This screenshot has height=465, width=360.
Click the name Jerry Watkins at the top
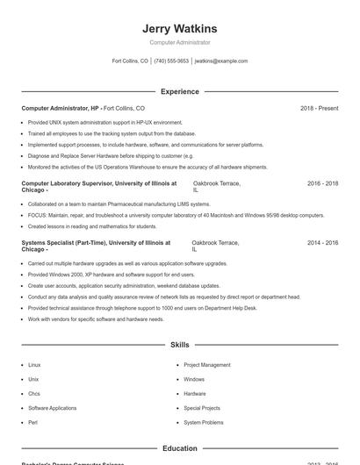point(179,29)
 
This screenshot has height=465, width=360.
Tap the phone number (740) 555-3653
point(171,61)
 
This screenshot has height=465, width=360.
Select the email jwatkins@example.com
point(221,61)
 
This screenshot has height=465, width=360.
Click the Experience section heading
point(179,91)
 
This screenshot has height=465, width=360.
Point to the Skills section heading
point(179,346)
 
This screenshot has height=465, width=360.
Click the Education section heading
point(179,448)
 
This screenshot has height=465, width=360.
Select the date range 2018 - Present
point(319,108)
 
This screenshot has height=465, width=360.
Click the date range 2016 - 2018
point(322,183)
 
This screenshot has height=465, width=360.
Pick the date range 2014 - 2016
point(322,242)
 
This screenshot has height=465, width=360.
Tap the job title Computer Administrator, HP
point(60,108)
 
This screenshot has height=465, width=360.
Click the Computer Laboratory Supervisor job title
point(98,183)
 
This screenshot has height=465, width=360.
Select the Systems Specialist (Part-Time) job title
point(95,242)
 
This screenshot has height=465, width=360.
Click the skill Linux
point(34,364)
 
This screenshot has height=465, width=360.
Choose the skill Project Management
point(207,364)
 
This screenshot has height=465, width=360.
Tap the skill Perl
point(32,422)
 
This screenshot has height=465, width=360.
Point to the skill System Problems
point(203,422)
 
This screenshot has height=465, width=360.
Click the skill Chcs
point(34,393)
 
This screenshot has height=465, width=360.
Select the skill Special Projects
point(202,408)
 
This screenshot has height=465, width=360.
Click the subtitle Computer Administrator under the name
point(179,42)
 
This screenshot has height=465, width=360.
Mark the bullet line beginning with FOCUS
point(176,215)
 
